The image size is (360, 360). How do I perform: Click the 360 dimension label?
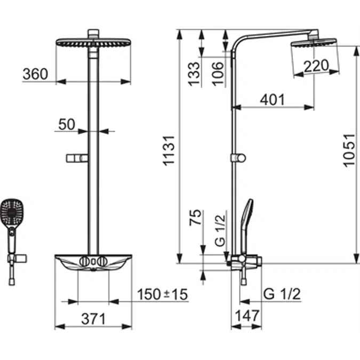point(35,74)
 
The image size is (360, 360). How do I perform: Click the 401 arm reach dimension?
point(272,100)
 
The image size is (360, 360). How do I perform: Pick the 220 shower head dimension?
point(316,67)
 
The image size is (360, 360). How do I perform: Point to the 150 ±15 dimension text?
point(162,294)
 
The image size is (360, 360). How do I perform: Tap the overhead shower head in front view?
point(93,42)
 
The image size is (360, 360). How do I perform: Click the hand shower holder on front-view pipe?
point(78,158)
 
